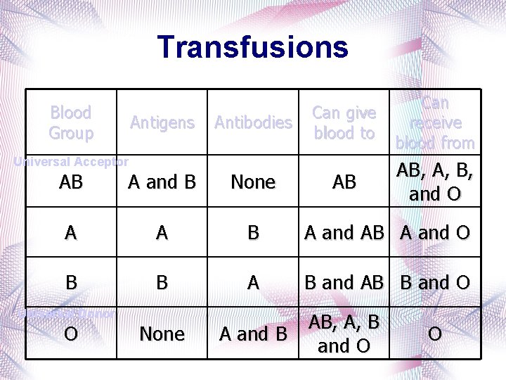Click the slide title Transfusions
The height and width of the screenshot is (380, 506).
pos(253,47)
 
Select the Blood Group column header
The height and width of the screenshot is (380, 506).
pos(70,122)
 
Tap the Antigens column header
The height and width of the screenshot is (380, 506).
pos(162,122)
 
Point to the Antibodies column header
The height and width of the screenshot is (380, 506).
pos(253,122)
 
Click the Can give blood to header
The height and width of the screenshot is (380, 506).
pos(344,122)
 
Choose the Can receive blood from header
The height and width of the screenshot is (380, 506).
pos(435,122)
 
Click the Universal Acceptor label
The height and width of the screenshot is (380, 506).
pos(72,162)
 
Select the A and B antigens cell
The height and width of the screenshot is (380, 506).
pos(162,182)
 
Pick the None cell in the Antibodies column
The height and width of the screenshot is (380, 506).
pos(253,182)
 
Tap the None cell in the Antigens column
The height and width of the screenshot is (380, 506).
pos(162,334)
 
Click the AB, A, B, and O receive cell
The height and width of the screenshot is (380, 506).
pos(435,182)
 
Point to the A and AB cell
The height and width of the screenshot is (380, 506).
pos(344,232)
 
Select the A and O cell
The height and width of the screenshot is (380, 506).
pos(435,232)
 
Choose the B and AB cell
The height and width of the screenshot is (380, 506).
pos(344,283)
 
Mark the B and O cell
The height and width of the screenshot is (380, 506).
pos(435,283)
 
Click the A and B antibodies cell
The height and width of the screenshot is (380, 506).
pos(253,334)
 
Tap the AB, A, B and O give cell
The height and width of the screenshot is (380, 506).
pos(344,334)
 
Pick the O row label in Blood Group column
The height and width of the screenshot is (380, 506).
pos(70,334)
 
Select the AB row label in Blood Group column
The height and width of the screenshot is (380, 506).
pos(70,182)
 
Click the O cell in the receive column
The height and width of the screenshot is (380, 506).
pos(435,334)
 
